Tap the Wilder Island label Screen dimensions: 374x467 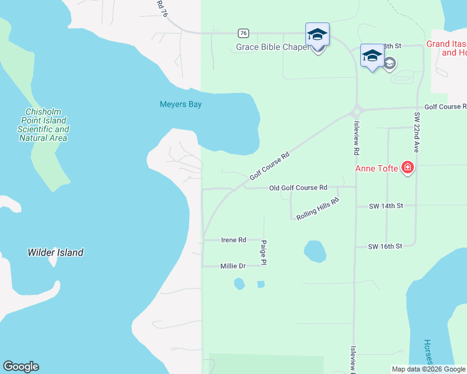(x=56, y=252)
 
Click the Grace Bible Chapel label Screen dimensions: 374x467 (x=273, y=47)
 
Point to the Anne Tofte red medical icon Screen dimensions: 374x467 (x=408, y=167)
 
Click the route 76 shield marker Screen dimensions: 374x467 (x=243, y=33)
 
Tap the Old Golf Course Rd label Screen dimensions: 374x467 (x=298, y=188)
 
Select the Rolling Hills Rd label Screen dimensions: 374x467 (x=318, y=209)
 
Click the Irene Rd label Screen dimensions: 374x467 (x=234, y=239)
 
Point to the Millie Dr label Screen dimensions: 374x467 (x=233, y=266)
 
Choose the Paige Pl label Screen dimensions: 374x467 (x=264, y=253)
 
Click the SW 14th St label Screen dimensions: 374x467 (x=386, y=206)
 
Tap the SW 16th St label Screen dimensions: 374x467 (x=385, y=246)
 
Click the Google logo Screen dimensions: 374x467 (x=21, y=367)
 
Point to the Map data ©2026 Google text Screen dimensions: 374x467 (x=428, y=369)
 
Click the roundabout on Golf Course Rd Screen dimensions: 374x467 (x=356, y=112)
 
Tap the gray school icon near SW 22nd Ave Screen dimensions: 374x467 (x=390, y=63)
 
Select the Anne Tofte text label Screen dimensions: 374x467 (x=377, y=168)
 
